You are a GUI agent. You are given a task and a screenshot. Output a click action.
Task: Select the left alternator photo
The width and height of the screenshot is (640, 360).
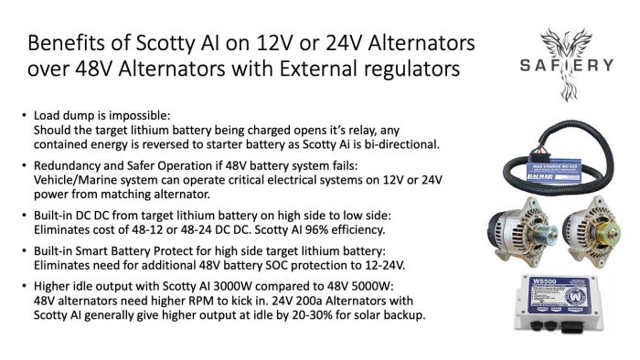[520, 228]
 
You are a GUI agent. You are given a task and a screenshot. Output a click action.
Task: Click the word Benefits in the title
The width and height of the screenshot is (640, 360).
[67, 44]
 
